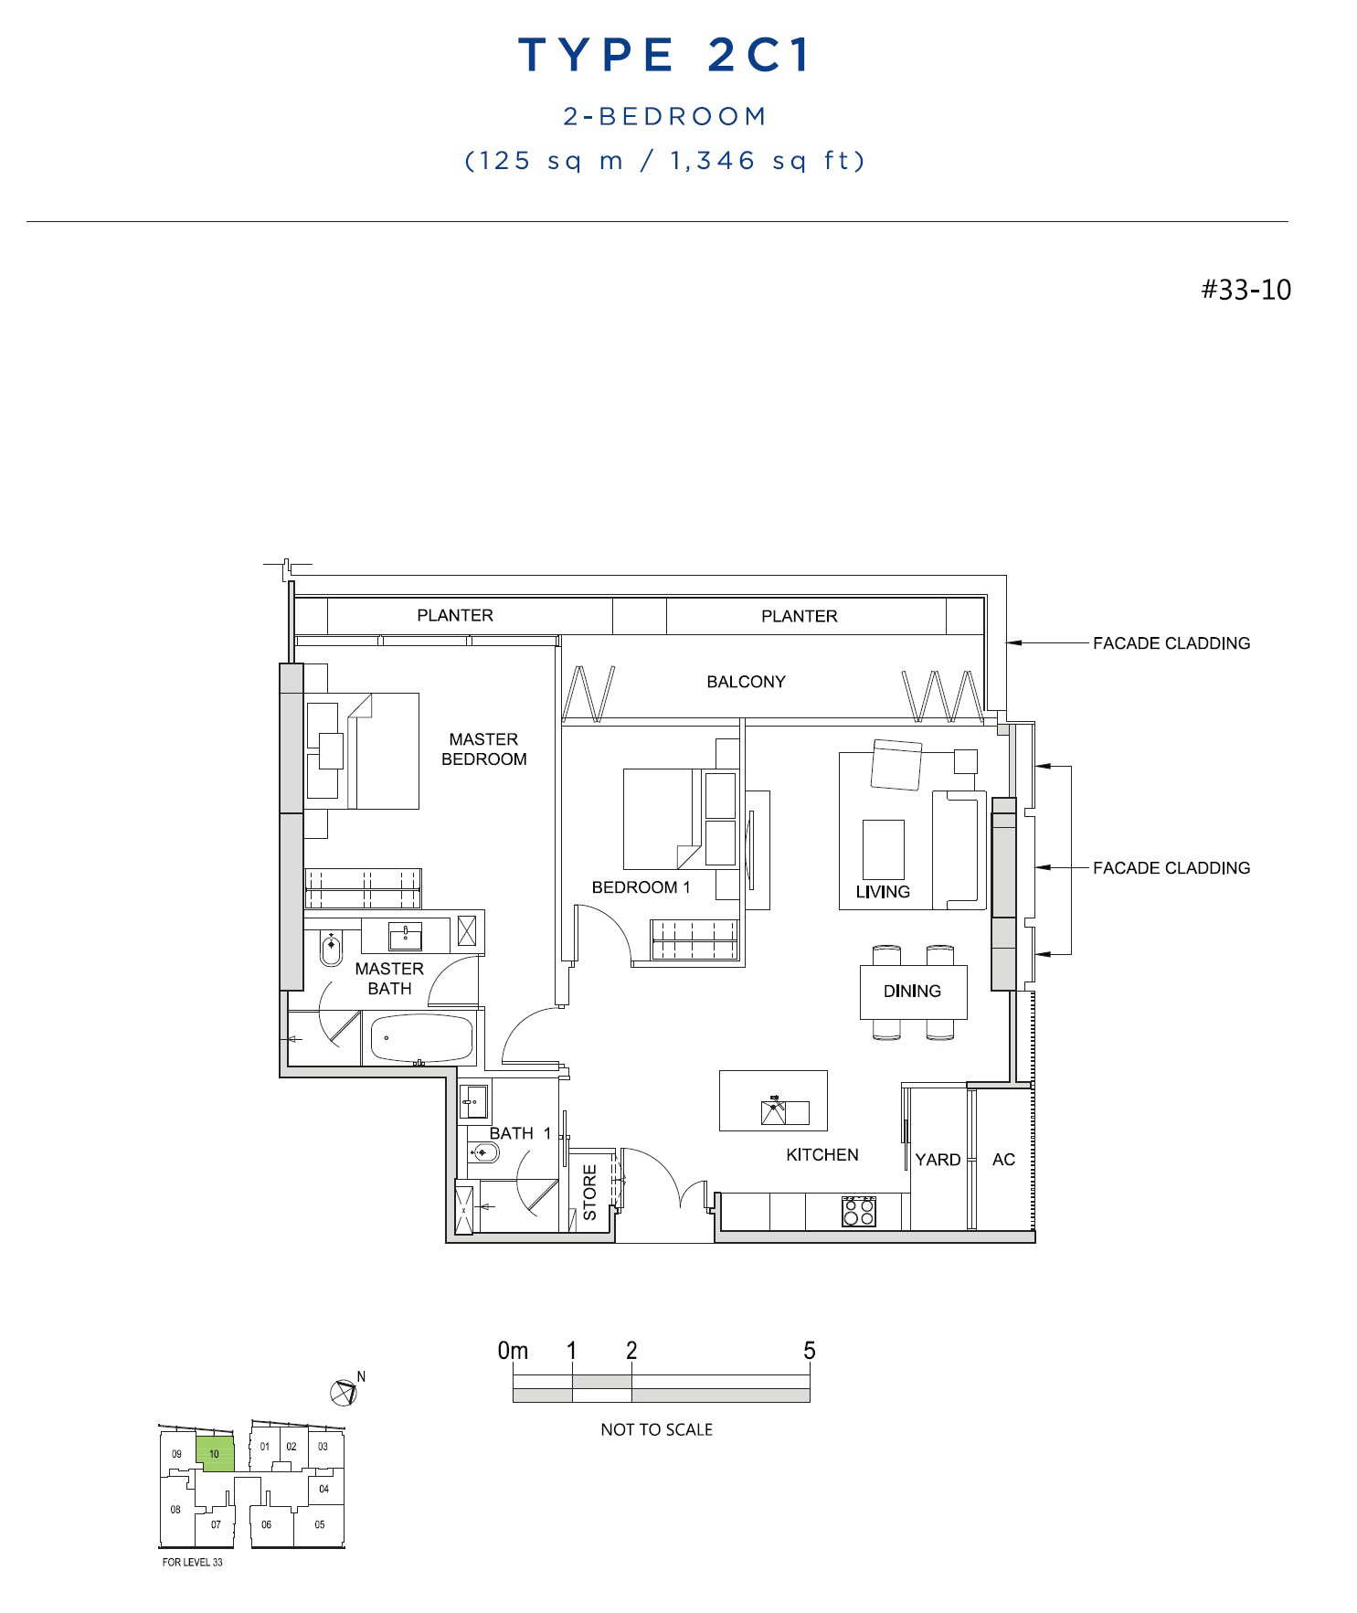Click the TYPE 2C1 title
[x=664, y=55]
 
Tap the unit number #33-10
[x=1246, y=290]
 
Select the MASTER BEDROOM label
[x=483, y=749]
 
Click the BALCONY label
[x=746, y=682]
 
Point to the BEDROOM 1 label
[x=641, y=887]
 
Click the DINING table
[x=913, y=992]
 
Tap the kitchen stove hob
[x=859, y=1211]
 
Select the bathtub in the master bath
[x=421, y=1038]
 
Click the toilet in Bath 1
[x=483, y=1153]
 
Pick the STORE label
[x=589, y=1192]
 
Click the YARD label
[x=938, y=1160]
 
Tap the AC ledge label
[x=1003, y=1160]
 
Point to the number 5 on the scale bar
[x=809, y=1351]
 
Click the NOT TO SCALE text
[x=656, y=1429]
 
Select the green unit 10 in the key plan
[x=216, y=1453]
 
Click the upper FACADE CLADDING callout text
[x=1171, y=643]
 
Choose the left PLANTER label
[x=455, y=615]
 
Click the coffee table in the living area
[x=884, y=849]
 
